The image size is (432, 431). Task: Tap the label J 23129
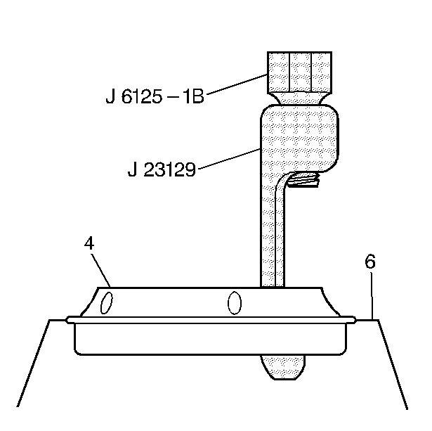[162, 169]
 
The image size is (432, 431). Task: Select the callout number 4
[89, 243]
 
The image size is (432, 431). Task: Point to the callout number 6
[370, 262]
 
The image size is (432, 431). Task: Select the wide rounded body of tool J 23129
[299, 137]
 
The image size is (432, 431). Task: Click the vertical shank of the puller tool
[272, 232]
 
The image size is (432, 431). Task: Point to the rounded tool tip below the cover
[283, 366]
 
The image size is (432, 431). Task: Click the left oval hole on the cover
[106, 303]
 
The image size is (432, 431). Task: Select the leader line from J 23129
[228, 159]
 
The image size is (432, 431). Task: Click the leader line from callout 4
[100, 270]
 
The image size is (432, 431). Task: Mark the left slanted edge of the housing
[34, 362]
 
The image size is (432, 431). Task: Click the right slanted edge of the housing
[393, 362]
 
